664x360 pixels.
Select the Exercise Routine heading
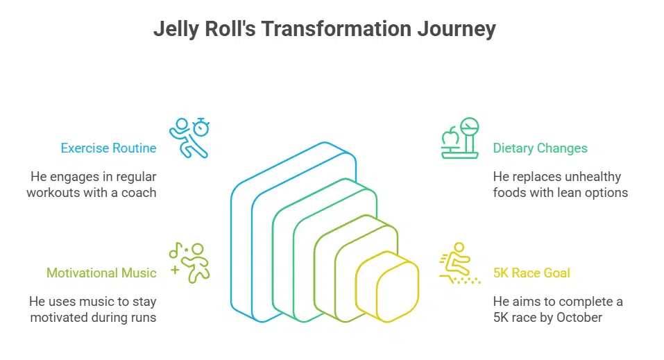(x=108, y=148)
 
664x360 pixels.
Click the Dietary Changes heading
(x=540, y=148)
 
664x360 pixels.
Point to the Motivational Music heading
(x=101, y=273)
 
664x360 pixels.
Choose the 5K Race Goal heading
(x=531, y=273)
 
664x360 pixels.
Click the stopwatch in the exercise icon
(x=201, y=126)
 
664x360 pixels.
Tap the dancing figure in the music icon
(x=198, y=262)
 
